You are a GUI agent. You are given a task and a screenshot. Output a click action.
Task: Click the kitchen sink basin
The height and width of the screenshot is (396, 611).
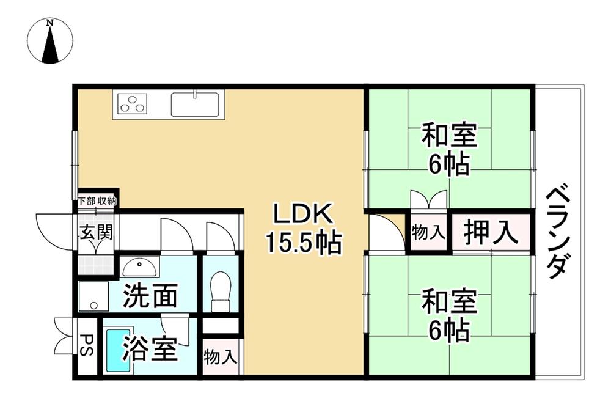pos(195,104)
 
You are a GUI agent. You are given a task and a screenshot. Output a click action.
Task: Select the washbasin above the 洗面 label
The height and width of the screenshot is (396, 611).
pos(140,267)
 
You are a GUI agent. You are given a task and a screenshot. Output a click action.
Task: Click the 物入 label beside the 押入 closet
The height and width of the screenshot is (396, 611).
pos(428,233)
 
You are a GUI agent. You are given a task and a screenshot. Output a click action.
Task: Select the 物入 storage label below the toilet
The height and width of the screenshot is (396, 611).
pos(221,356)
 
